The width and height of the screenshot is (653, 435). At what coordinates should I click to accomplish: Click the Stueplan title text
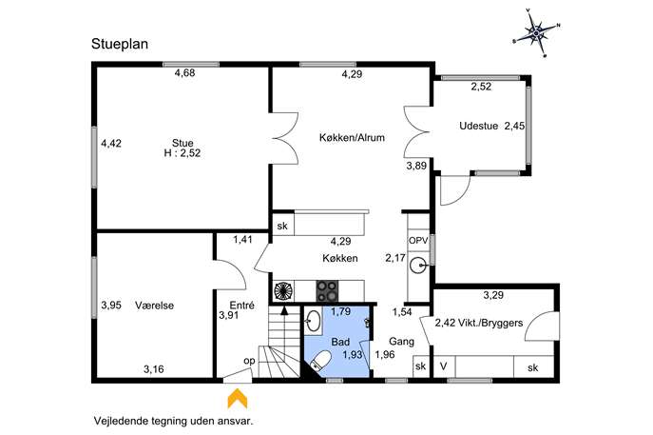(120, 44)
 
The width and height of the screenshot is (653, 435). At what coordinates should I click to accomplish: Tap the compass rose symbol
(536, 32)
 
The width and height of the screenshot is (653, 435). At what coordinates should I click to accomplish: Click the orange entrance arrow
(238, 398)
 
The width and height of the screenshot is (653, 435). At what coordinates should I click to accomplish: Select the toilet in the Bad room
(321, 360)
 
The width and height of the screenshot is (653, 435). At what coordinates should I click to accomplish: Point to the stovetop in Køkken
(327, 290)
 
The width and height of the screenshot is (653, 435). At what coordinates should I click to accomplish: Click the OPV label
(418, 241)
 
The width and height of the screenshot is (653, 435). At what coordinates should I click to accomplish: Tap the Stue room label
(182, 143)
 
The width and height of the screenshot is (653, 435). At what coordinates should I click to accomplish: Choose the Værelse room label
(155, 306)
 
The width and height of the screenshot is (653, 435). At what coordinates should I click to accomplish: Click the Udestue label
(478, 126)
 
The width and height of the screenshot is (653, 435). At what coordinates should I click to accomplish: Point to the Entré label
(242, 305)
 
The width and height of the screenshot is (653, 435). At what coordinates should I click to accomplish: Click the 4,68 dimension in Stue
(185, 73)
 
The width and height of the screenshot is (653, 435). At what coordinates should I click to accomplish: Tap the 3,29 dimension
(493, 295)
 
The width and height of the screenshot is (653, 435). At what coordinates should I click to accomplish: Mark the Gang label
(401, 342)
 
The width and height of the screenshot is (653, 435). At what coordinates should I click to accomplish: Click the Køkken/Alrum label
(352, 137)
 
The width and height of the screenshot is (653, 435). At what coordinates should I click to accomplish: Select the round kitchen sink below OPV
(417, 266)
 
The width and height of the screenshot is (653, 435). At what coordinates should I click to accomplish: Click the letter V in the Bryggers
(444, 366)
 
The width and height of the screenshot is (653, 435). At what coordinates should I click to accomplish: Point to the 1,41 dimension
(242, 240)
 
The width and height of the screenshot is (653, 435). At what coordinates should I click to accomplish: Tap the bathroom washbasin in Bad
(312, 322)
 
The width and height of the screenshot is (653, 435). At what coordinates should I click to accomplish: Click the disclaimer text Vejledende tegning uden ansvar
(173, 421)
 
